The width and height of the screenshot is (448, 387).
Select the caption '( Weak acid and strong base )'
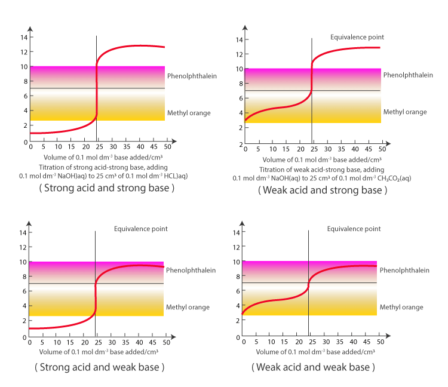click(323, 191)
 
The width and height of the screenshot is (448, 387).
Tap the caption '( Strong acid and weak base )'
click(99, 367)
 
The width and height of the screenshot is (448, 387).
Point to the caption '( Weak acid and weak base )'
click(314, 367)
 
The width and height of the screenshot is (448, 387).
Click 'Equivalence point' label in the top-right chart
click(357, 37)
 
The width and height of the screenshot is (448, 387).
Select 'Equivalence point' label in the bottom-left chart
click(141, 229)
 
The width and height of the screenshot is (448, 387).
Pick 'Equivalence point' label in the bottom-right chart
click(354, 229)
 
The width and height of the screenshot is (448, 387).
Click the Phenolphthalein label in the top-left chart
click(192, 76)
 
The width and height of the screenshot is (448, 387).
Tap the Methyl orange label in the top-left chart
click(189, 113)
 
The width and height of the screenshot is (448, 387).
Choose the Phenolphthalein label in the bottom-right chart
click(404, 270)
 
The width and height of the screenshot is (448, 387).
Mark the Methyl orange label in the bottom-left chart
click(188, 307)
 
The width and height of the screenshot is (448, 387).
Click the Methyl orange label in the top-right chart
click(405, 112)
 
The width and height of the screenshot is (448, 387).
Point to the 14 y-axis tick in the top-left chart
click(24, 37)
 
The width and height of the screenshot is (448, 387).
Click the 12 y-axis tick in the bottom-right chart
click(237, 247)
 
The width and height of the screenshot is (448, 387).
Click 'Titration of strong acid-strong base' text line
click(99, 168)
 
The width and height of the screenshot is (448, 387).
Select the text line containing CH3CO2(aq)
click(323, 178)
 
